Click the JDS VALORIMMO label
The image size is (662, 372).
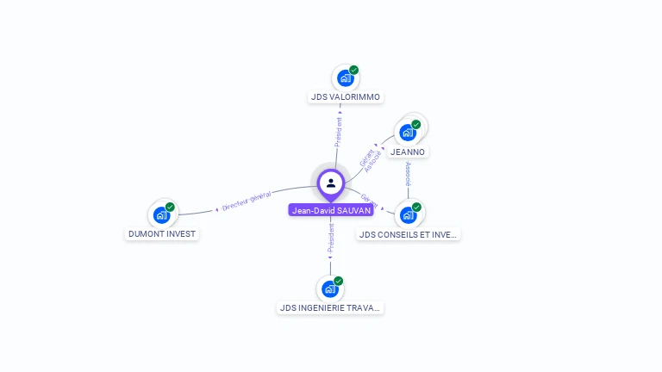346,97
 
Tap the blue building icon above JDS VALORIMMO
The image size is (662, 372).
345,78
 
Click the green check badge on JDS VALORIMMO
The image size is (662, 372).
354,70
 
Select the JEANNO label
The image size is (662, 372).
408,152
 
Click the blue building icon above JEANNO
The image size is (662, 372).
407,133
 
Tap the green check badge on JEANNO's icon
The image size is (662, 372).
416,125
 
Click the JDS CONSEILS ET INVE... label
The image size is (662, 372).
409,234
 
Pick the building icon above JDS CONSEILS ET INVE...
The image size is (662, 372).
408,214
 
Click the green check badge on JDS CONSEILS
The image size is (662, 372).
417,207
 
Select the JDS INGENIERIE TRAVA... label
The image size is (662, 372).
330,307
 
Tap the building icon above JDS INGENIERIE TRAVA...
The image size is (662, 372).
329,288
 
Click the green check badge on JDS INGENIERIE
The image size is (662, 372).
339,281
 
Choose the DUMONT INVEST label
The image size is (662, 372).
162,234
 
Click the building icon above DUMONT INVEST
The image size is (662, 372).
161,214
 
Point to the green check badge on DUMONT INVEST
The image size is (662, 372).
171,207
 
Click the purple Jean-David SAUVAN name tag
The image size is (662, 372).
331,210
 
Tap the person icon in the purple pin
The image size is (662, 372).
331,183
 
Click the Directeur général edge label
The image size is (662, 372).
247,201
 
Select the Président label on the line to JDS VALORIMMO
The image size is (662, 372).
339,132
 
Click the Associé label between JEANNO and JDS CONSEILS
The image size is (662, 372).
408,175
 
